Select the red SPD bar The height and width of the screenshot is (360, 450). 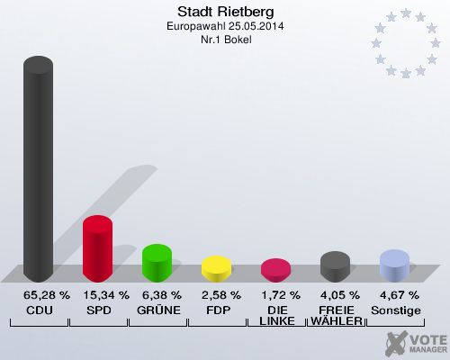click(97, 249)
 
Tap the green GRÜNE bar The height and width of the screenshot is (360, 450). click(157, 264)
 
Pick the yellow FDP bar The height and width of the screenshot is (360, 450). click(216, 269)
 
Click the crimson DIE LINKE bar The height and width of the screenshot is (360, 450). click(275, 270)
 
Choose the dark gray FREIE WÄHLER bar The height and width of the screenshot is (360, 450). click(335, 266)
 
